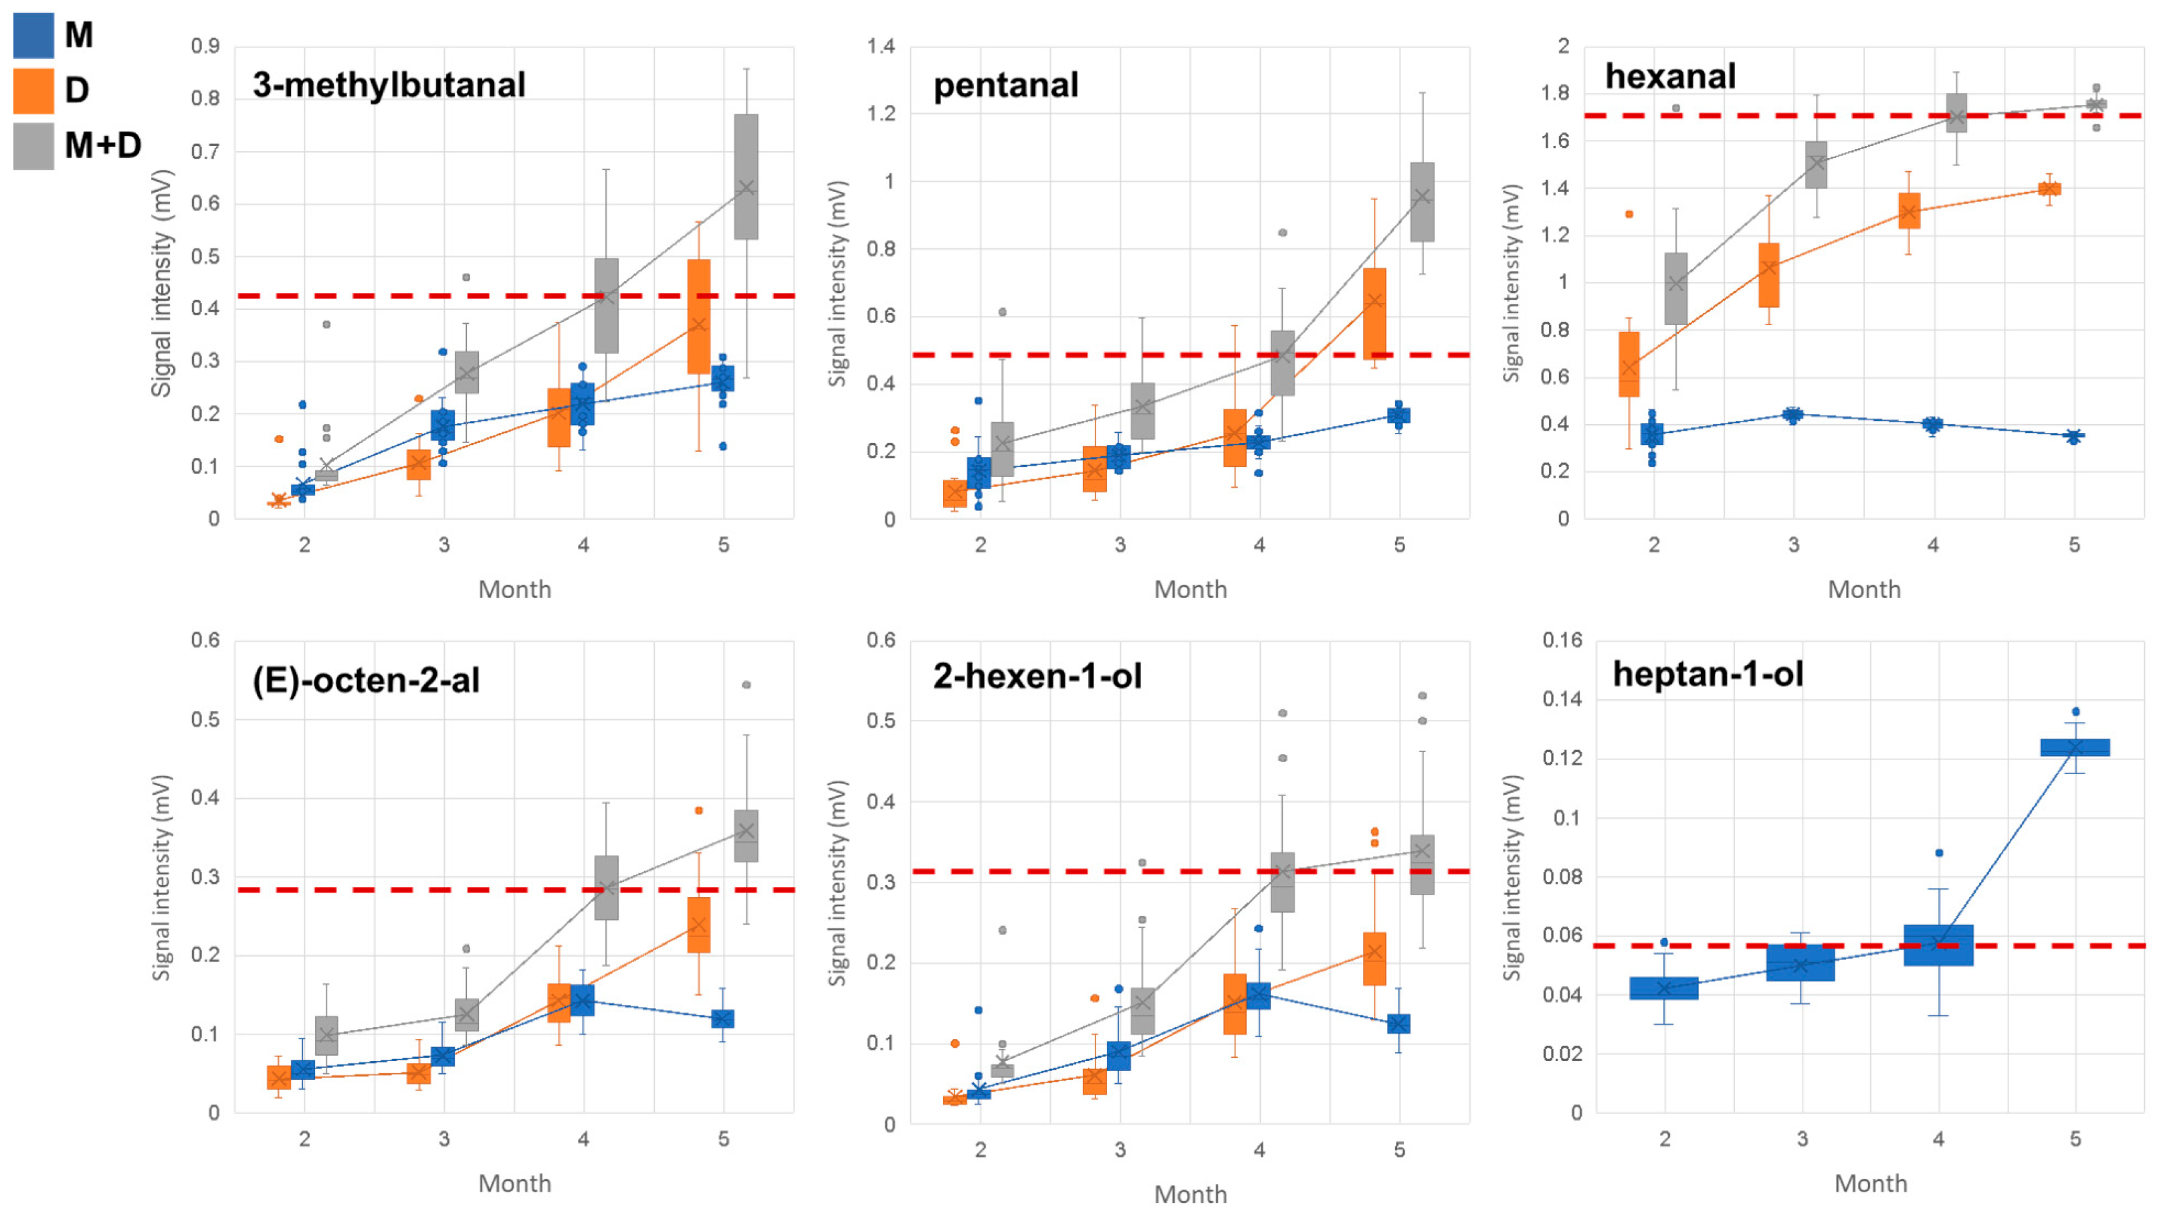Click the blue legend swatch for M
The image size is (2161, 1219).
(33, 35)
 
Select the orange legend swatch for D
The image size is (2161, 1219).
(33, 90)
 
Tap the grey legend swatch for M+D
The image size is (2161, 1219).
(33, 146)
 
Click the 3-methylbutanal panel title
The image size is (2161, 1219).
(389, 85)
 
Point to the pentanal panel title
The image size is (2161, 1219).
(1005, 86)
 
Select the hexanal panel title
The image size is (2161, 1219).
(1669, 76)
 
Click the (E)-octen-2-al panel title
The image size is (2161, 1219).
(366, 680)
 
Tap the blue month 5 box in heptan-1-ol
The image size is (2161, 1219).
(2075, 747)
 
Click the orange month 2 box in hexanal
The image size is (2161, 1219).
(1629, 364)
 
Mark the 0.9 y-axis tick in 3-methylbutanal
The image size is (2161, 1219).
(205, 46)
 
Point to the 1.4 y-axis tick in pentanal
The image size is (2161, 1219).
(881, 46)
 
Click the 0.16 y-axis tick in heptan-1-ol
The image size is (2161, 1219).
(1562, 640)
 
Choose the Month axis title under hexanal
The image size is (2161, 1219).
(1864, 589)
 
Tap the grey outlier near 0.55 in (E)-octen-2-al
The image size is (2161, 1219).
(746, 684)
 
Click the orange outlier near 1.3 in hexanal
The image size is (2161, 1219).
(1629, 214)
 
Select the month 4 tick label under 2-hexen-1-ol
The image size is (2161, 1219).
(1259, 1149)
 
